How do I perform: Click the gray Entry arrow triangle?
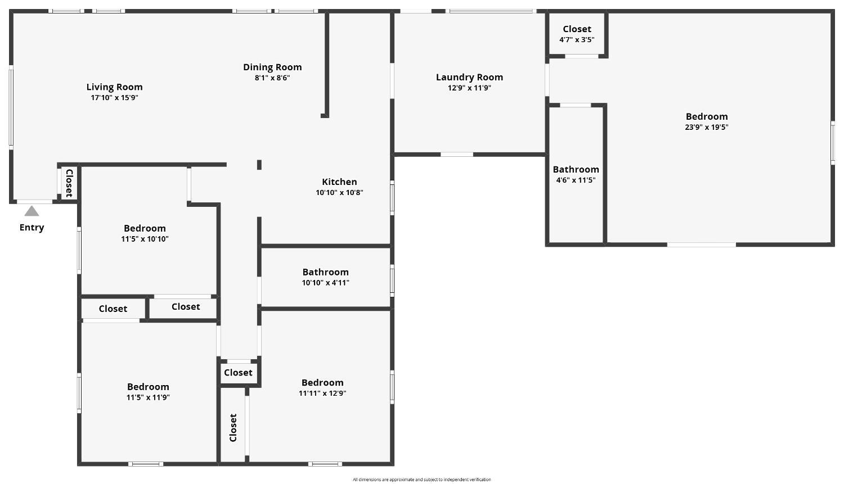point(32,211)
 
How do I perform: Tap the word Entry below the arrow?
point(32,227)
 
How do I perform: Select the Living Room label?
point(115,87)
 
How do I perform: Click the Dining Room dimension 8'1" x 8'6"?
point(272,78)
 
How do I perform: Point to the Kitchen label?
point(339,182)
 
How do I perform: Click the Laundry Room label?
point(469,77)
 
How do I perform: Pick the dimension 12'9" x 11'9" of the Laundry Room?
point(469,88)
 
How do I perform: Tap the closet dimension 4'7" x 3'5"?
point(577,39)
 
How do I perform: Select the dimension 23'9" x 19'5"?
point(707,127)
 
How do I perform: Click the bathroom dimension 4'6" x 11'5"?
point(576,180)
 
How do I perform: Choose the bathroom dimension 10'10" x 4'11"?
point(326,283)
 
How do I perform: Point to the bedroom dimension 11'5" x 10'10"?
point(145,239)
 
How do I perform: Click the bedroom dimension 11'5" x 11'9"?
point(148,397)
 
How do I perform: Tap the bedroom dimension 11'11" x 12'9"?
point(322,393)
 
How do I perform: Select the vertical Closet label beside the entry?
point(69,183)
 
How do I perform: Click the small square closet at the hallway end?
point(239,373)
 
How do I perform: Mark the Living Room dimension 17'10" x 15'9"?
point(115,98)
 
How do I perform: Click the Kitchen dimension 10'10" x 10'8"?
point(339,193)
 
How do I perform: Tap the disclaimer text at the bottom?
point(421,480)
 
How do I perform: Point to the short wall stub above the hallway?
point(259,165)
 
